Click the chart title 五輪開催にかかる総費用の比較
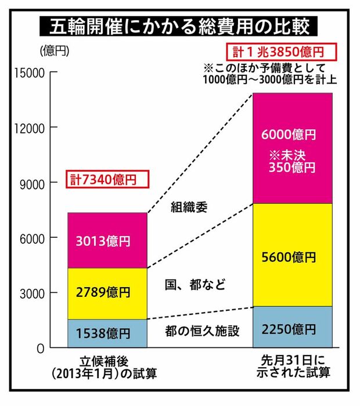tap(179, 26)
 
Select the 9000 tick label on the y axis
tap(31, 183)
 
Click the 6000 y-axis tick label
tap(31, 238)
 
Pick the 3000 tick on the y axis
tap(31, 293)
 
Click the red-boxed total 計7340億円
tap(103, 179)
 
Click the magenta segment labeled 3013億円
tap(107, 241)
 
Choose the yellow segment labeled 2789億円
tap(107, 293)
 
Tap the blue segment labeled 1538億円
tap(107, 333)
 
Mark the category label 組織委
tap(189, 206)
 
